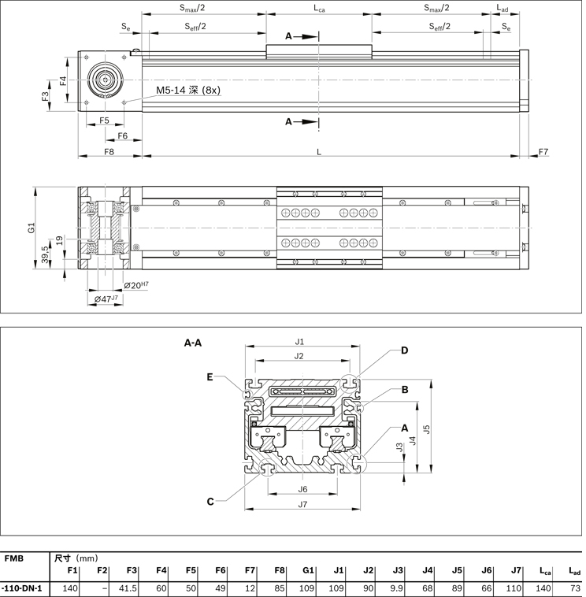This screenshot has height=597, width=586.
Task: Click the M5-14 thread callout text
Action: click(x=187, y=91)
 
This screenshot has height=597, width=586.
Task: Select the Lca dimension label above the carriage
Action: click(x=319, y=9)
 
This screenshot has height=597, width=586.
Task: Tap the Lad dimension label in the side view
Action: click(x=503, y=9)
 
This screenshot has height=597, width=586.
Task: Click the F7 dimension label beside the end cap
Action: click(x=543, y=150)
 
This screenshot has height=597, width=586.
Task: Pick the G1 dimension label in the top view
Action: click(x=32, y=228)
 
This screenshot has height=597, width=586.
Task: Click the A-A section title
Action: click(x=193, y=343)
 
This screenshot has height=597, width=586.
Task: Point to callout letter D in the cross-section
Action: click(x=404, y=350)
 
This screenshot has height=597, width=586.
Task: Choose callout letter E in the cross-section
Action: click(x=210, y=376)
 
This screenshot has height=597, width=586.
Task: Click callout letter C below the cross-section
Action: click(x=210, y=502)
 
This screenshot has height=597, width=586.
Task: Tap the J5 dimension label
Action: click(x=426, y=428)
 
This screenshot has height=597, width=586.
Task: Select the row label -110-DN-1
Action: click(x=22, y=588)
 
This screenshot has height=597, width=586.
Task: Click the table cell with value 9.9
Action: click(x=397, y=588)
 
